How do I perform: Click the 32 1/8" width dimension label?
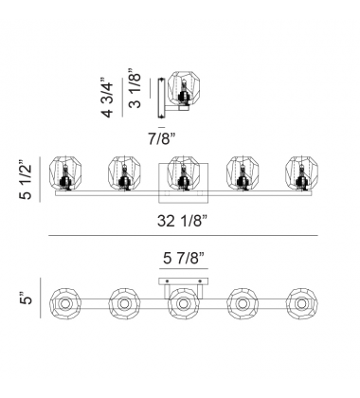coord(183,221)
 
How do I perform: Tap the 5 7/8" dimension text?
coord(184,259)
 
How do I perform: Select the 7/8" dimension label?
coord(162,138)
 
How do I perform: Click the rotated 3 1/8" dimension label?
coord(135,88)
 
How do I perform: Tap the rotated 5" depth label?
coord(27,299)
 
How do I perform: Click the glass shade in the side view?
coord(184,88)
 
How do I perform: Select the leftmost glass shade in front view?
coord(65,172)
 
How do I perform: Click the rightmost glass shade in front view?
coord(301,172)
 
